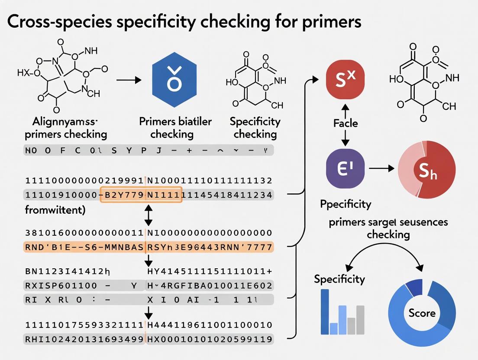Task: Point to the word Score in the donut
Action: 422,313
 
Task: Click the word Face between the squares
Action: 346,123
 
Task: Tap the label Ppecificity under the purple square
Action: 345,203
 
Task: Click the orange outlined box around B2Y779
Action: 141,195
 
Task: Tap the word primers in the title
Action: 327,22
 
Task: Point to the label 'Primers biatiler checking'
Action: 175,128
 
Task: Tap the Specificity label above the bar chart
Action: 339,279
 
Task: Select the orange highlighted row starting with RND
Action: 147,247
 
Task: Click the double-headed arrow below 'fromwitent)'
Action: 148,215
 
